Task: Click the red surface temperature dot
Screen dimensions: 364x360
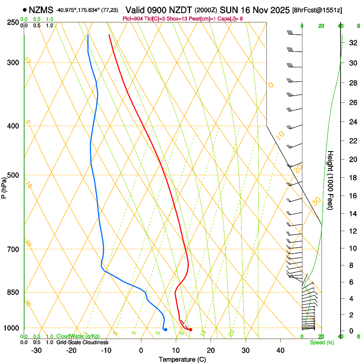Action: point(191,329)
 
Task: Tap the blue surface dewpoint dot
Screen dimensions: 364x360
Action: point(165,329)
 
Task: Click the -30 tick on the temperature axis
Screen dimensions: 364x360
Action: point(36,350)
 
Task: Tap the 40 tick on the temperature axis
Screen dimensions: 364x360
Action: point(280,350)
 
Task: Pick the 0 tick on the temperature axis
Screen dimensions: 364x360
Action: point(141,350)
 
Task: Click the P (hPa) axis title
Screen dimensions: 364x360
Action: point(4,187)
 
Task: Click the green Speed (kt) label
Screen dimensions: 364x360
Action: point(322,342)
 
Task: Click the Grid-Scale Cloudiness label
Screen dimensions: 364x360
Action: point(82,342)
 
